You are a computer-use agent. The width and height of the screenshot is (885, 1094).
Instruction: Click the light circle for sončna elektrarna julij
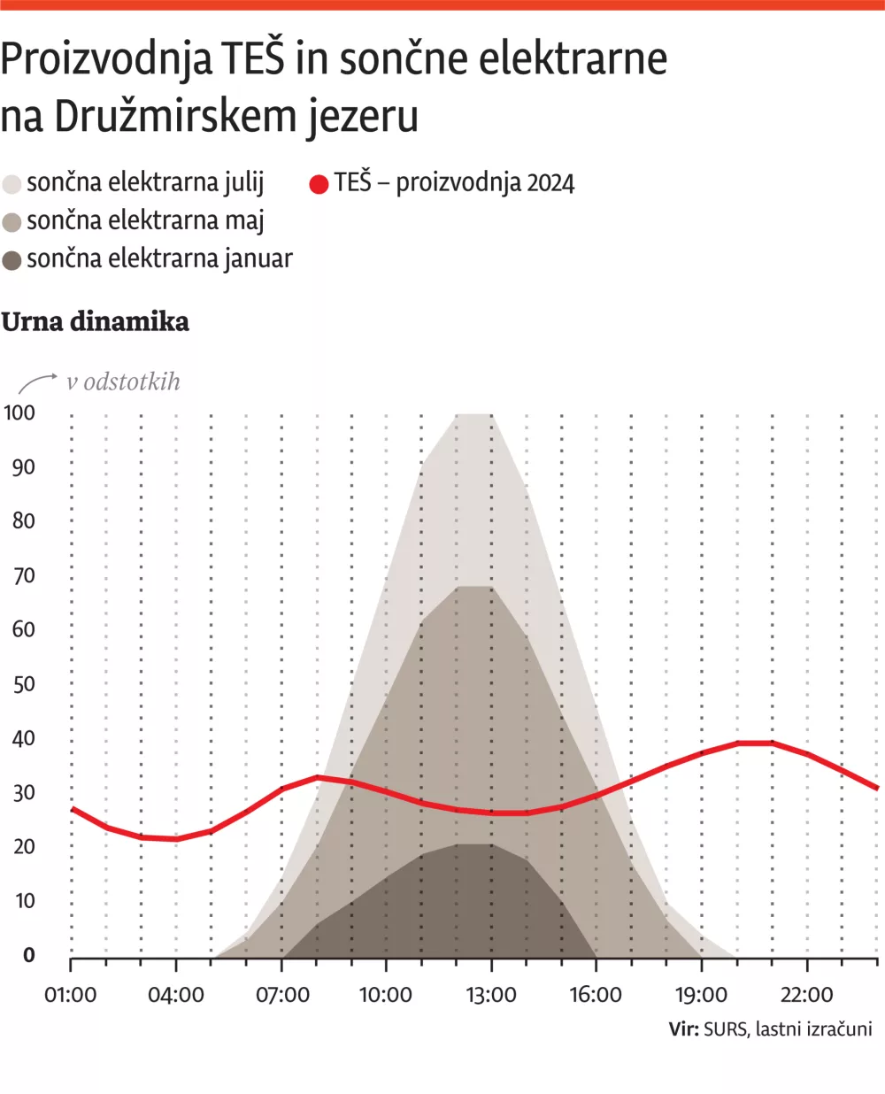click(x=12, y=184)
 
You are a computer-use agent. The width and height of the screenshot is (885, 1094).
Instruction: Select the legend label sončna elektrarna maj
click(x=145, y=221)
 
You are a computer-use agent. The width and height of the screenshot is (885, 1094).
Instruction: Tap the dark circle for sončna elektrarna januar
click(x=12, y=260)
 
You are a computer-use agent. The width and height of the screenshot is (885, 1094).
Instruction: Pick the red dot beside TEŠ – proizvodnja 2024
click(x=319, y=184)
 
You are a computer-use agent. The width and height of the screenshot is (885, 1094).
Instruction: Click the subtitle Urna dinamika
click(x=95, y=321)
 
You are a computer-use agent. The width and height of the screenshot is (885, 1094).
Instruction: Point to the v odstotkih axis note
click(x=123, y=381)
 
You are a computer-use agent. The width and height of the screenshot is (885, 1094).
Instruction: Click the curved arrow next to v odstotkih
click(x=37, y=382)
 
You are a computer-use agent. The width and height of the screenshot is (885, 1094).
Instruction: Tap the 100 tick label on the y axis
click(x=19, y=412)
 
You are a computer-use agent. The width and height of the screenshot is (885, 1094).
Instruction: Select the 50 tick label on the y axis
click(x=23, y=684)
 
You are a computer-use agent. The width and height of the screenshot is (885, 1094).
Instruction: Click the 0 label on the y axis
click(x=29, y=955)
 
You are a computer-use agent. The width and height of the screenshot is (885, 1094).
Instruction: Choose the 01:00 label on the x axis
click(x=70, y=995)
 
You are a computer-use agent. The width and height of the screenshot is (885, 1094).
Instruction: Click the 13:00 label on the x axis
click(x=491, y=995)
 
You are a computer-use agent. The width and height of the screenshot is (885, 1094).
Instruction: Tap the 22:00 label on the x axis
click(x=806, y=995)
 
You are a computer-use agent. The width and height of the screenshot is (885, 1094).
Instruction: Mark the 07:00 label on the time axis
click(x=282, y=995)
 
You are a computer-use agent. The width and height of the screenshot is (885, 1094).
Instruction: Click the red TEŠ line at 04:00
click(x=176, y=838)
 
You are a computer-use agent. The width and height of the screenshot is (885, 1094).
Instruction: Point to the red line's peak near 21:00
click(x=755, y=743)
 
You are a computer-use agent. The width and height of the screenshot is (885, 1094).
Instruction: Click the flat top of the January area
click(x=474, y=845)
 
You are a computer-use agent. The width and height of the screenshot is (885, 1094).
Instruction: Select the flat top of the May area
click(x=474, y=587)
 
